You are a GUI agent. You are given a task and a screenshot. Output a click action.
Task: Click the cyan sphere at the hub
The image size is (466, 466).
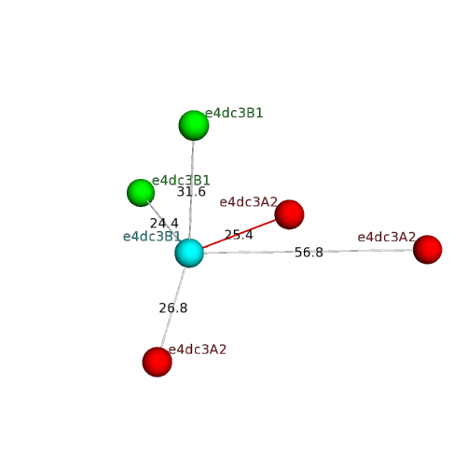(x=189, y=253)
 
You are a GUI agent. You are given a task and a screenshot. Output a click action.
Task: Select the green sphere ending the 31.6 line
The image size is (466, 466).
(x=194, y=125)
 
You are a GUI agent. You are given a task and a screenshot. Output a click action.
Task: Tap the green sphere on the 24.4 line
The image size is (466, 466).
(x=141, y=193)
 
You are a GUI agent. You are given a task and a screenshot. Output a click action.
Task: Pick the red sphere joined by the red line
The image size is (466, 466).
(x=289, y=214)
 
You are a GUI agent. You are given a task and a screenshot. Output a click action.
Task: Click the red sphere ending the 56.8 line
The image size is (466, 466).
(x=428, y=250)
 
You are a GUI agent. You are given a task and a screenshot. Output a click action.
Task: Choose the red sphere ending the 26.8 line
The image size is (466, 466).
(x=158, y=362)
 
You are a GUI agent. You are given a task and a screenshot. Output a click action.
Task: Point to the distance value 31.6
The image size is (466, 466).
(x=191, y=192)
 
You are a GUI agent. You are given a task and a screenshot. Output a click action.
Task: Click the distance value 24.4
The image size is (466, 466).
(x=164, y=223)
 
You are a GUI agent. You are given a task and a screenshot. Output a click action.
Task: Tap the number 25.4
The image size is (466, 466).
(x=239, y=235)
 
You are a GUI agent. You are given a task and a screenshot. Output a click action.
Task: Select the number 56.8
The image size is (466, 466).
(x=308, y=253)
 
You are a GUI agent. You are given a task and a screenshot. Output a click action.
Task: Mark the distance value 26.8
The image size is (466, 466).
(x=173, y=308)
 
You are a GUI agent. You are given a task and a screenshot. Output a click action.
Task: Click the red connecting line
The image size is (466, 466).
(x=239, y=234)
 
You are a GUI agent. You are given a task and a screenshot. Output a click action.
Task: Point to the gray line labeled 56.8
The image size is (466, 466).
(x=308, y=252)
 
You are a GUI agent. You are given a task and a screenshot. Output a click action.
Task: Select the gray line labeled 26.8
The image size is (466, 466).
(x=173, y=308)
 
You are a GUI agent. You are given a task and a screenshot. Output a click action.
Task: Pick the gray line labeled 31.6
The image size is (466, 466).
(x=191, y=189)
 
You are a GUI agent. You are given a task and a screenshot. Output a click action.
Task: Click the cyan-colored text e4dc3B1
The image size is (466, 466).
(x=152, y=237)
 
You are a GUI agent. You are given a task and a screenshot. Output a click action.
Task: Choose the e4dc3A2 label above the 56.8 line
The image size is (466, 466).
(x=387, y=237)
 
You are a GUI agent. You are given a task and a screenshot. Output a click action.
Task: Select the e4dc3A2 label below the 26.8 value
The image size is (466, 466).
(x=198, y=349)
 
